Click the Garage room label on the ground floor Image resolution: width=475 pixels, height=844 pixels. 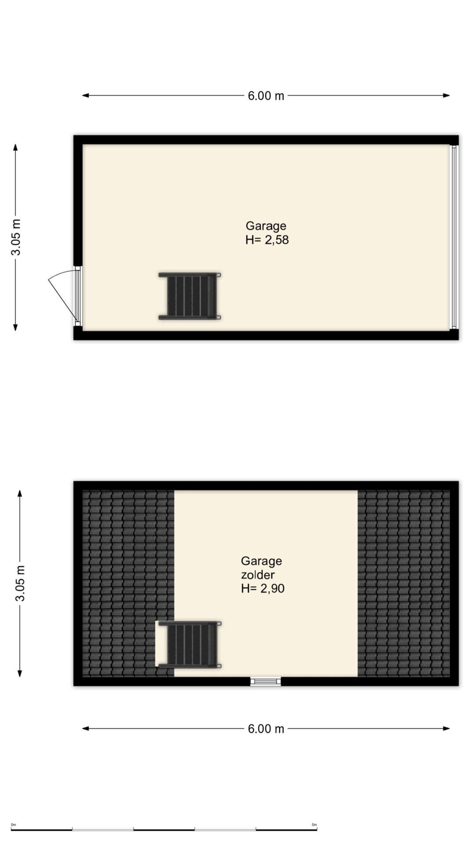pyautogui.click(x=266, y=226)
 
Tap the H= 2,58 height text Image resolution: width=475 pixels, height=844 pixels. pyautogui.click(x=267, y=240)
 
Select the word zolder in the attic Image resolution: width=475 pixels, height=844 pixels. pyautogui.click(x=258, y=575)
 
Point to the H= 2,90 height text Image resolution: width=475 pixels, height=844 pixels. pyautogui.click(x=263, y=589)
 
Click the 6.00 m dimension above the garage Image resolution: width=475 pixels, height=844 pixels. pyautogui.click(x=266, y=95)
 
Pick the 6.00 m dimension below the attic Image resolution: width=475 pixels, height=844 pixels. pyautogui.click(x=266, y=729)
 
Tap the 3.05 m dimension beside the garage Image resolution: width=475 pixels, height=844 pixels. pyautogui.click(x=16, y=237)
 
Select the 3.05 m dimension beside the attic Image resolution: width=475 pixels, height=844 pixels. pyautogui.click(x=20, y=583)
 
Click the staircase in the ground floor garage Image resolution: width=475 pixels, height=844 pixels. pyautogui.click(x=190, y=296)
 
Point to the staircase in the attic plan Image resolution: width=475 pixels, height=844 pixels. pyautogui.click(x=190, y=645)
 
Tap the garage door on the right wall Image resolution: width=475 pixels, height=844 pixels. pyautogui.click(x=454, y=237)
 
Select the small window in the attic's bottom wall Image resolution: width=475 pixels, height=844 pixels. pyautogui.click(x=266, y=682)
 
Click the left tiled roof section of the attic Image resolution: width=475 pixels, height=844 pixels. pyautogui.click(x=128, y=583)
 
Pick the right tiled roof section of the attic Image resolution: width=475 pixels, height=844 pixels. pyautogui.click(x=404, y=583)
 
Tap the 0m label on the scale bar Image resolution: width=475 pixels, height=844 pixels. pyautogui.click(x=13, y=825)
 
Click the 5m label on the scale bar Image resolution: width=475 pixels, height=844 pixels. pyautogui.click(x=314, y=825)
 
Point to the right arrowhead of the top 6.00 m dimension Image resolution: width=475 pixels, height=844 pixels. pyautogui.click(x=446, y=95)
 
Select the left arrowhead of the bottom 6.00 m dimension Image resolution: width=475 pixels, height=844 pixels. pyautogui.click(x=86, y=728)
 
